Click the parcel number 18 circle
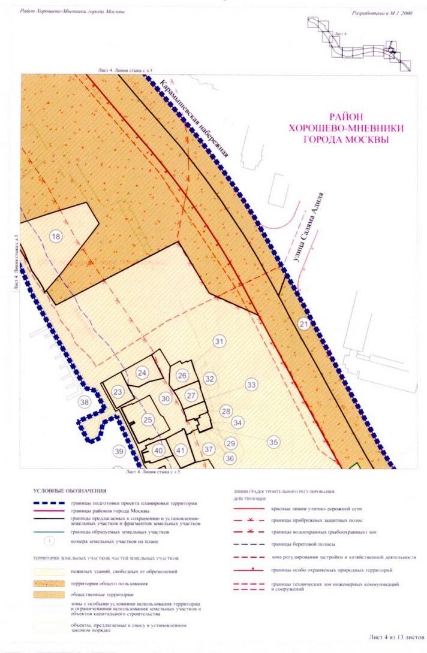click(x=56, y=236)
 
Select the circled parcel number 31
click(x=219, y=341)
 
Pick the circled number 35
click(x=273, y=442)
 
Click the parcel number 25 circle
click(x=148, y=419)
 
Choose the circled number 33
click(x=251, y=385)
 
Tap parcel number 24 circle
click(x=142, y=373)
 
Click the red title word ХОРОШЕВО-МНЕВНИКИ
click(x=345, y=128)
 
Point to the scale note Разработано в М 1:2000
click(x=384, y=11)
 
